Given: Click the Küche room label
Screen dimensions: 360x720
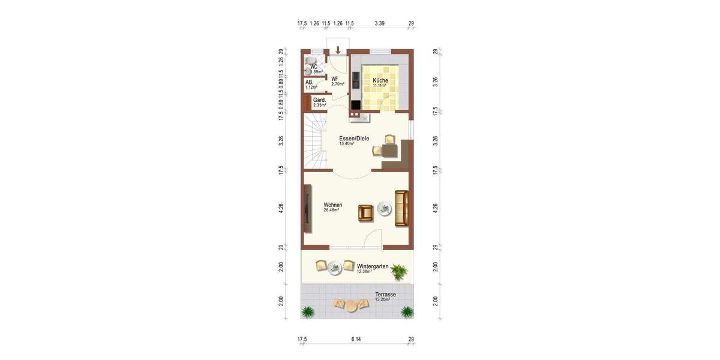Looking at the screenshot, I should coord(380,80).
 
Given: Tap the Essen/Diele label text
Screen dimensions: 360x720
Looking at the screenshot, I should coord(354,138).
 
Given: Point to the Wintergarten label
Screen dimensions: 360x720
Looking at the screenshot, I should coord(373,266).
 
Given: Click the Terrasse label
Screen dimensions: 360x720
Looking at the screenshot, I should coord(386,295).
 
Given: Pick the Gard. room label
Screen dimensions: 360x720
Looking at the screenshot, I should coord(319,100).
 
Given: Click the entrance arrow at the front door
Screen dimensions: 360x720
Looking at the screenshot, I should coord(338,50).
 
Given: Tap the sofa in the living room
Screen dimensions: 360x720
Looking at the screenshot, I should coord(401,208).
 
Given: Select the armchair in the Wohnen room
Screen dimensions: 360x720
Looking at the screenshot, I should coord(365,212).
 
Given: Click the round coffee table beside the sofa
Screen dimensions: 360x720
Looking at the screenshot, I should coord(383,209).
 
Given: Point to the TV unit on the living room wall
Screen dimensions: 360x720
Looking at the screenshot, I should coord(307,208).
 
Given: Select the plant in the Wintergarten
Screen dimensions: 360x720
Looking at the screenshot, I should coord(398,273).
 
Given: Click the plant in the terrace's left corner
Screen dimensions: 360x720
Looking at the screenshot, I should coord(308,311).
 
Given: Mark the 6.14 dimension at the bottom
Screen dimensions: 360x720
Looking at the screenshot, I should coord(356,340).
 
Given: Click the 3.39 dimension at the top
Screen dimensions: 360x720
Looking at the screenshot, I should coord(379,24).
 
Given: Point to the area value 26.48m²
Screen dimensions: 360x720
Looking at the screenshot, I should coord(331,211).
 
